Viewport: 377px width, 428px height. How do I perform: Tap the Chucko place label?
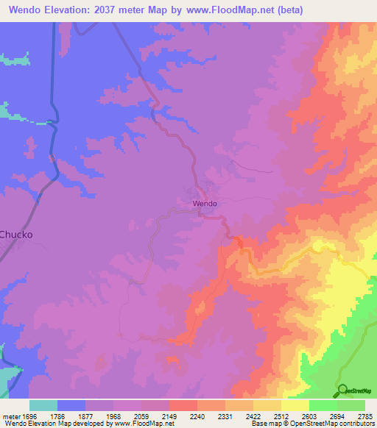click(x=16, y=235)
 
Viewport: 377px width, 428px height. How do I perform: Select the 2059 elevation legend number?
click(x=141, y=415)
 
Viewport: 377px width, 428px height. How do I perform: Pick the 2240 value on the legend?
click(x=197, y=415)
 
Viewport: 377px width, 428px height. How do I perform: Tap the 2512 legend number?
click(x=281, y=415)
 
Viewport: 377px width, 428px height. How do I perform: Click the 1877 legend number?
click(x=85, y=415)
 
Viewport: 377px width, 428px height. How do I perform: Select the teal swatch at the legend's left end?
click(x=43, y=405)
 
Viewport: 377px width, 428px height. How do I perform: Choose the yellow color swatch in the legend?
click(x=295, y=405)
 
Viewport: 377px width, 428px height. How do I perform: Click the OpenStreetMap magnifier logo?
click(x=342, y=390)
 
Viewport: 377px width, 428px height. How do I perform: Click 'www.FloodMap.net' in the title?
click(x=227, y=10)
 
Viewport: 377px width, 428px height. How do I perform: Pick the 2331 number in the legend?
click(x=225, y=415)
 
